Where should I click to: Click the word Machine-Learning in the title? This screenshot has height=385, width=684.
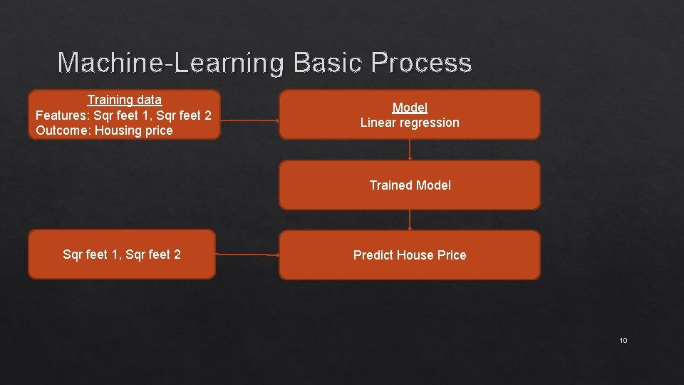click(170, 63)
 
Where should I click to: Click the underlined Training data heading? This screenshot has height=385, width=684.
click(125, 100)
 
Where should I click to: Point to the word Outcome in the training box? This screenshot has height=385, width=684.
click(62, 130)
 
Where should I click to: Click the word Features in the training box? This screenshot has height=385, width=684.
click(62, 115)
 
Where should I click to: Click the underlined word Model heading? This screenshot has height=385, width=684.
click(410, 108)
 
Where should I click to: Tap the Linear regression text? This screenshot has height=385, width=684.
click(410, 123)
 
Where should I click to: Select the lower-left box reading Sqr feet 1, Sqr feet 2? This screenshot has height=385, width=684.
click(122, 255)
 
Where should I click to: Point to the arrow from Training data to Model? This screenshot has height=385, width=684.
click(249, 120)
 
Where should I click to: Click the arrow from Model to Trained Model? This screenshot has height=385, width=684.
click(410, 150)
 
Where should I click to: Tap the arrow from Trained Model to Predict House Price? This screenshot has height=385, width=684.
click(410, 220)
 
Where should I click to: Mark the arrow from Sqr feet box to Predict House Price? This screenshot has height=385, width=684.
click(247, 254)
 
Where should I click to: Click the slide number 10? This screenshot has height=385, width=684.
click(623, 341)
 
